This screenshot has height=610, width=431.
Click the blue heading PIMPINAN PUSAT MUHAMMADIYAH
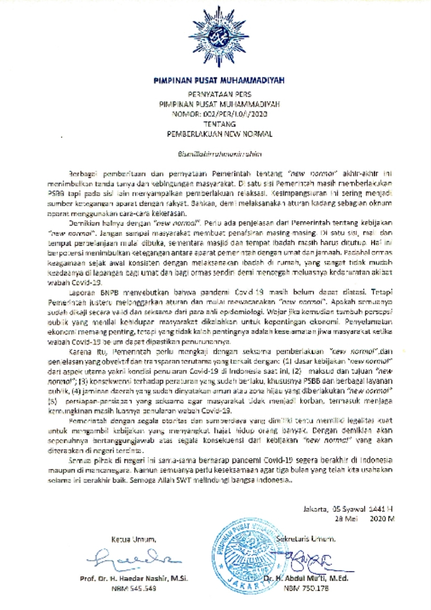tap(219, 81)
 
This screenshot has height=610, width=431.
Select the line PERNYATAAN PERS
tap(219, 94)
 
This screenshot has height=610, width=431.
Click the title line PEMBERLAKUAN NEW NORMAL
tap(219, 134)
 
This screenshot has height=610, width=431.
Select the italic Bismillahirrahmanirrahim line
tap(219, 154)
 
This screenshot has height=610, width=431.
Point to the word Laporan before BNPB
tap(82, 292)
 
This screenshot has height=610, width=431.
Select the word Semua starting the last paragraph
tap(79, 461)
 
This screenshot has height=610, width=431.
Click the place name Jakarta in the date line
tap(315, 509)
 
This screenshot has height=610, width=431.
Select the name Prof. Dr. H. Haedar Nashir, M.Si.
tap(134, 578)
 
